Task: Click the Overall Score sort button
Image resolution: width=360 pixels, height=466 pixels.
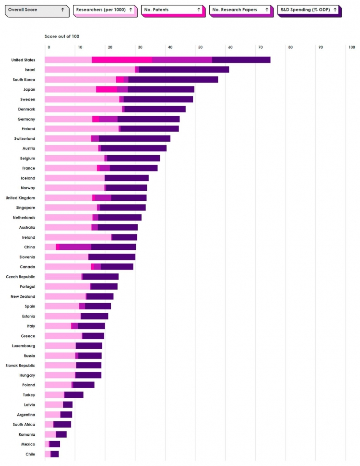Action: coord(36,10)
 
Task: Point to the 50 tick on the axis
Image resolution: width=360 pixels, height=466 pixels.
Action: coord(200,47)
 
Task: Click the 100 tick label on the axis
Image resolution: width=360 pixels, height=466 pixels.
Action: coord(351,47)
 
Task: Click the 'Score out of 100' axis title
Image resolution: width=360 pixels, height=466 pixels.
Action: coord(62,37)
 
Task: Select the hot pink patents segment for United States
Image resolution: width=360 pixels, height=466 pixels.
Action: coord(122,60)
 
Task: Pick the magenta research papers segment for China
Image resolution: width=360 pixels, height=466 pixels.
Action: coord(75,247)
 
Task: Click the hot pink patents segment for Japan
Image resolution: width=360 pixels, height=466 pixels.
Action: coord(106,89)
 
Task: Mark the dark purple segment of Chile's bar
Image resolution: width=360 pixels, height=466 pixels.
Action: coord(55,454)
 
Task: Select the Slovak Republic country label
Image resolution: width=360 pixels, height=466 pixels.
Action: coord(21,366)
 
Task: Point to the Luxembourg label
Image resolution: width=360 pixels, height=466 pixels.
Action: coord(24,346)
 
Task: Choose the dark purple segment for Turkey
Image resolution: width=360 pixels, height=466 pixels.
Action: coord(74,395)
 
